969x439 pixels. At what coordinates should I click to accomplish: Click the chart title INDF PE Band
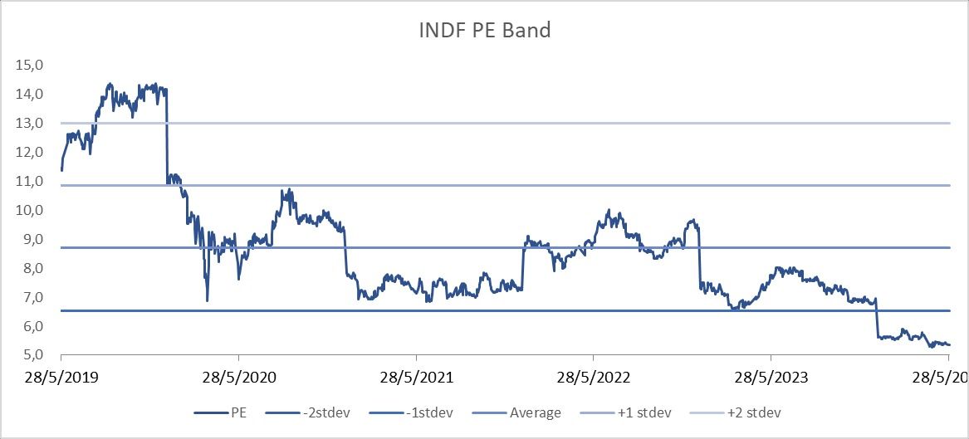(x=484, y=31)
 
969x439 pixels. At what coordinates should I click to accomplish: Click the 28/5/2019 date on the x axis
(x=62, y=378)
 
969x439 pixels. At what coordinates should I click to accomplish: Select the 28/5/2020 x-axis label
(x=240, y=378)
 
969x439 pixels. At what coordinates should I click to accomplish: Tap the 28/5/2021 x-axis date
(x=417, y=378)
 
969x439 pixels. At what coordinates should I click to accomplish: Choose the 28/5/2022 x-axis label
(x=594, y=378)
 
